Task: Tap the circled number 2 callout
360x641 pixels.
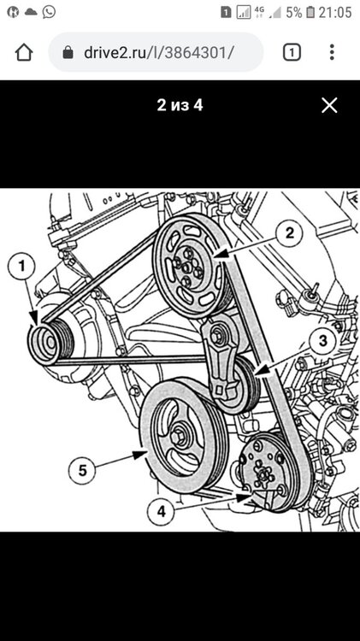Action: (x=289, y=233)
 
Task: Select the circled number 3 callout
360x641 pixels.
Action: (x=322, y=340)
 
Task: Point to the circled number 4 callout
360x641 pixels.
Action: (x=162, y=511)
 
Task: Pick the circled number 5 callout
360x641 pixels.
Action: (x=82, y=471)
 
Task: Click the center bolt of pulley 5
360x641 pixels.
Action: (x=177, y=438)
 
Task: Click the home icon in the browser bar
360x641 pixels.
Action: (x=24, y=52)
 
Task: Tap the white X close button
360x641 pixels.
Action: (x=329, y=105)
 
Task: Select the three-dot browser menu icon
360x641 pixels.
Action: (x=332, y=52)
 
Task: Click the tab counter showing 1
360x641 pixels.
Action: (x=292, y=52)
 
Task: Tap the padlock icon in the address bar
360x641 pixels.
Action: (x=68, y=52)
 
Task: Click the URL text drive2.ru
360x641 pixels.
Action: (x=115, y=52)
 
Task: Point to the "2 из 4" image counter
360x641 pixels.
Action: (x=180, y=105)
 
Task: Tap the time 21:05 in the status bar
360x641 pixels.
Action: (x=335, y=12)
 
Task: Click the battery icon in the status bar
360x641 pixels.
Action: (x=310, y=12)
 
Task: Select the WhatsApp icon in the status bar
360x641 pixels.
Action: (x=49, y=12)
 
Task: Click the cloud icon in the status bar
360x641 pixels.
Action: (x=31, y=12)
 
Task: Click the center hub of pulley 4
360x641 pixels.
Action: (x=263, y=475)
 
